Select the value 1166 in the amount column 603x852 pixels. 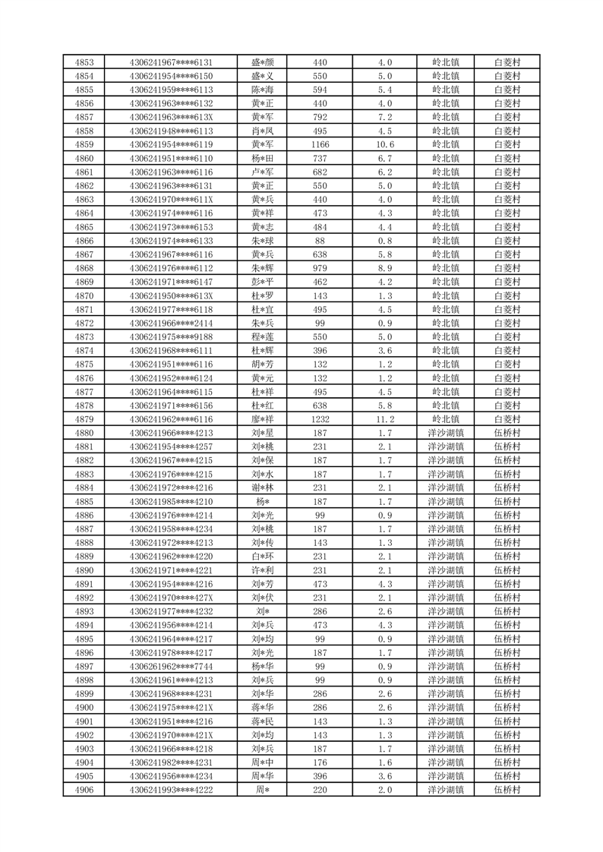pyautogui.click(x=320, y=144)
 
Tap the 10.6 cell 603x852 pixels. pyautogui.click(x=384, y=144)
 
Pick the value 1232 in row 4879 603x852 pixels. pyautogui.click(x=320, y=419)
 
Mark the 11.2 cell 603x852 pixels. pyautogui.click(x=384, y=419)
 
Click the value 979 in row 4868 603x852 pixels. pyautogui.click(x=320, y=268)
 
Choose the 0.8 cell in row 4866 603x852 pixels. pyautogui.click(x=384, y=241)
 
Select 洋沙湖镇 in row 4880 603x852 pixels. pyautogui.click(x=445, y=433)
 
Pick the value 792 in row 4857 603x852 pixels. pyautogui.click(x=320, y=117)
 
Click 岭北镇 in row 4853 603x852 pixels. pyautogui.click(x=445, y=62)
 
